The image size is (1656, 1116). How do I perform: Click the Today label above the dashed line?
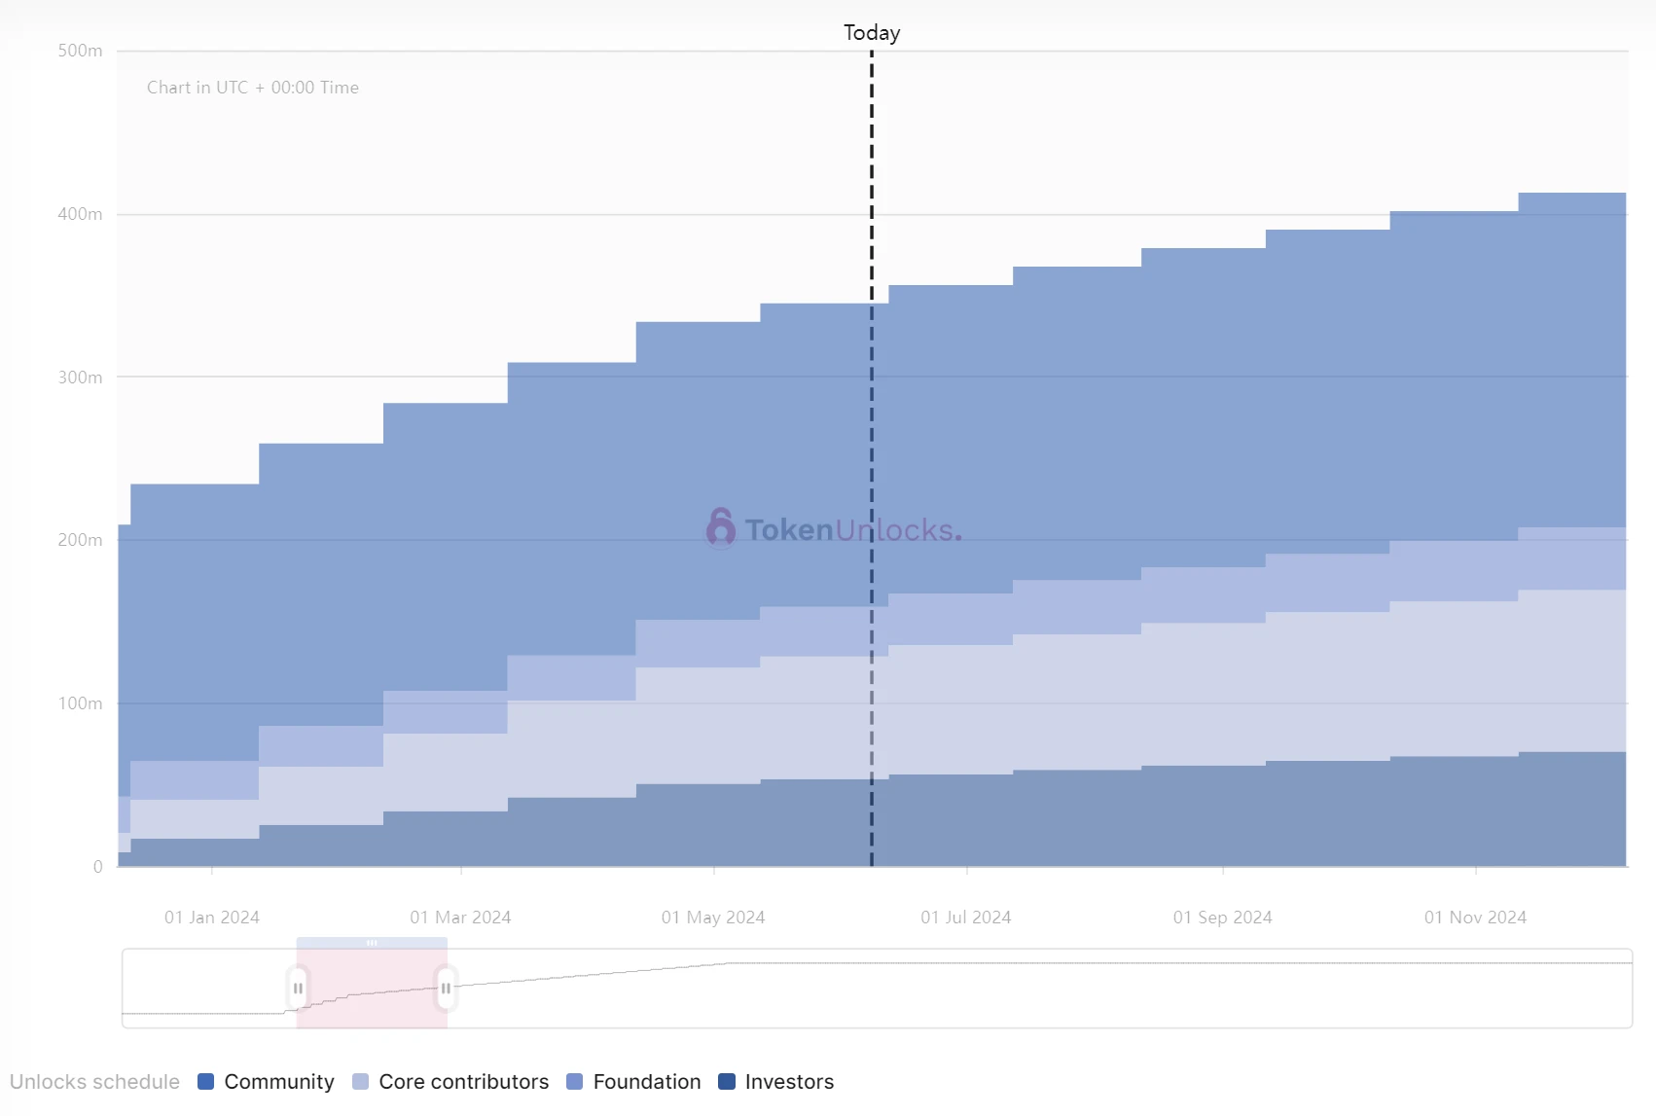click(x=872, y=33)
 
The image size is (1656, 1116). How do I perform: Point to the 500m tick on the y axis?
click(x=80, y=51)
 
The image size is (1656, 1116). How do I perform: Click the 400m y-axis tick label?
click(x=80, y=214)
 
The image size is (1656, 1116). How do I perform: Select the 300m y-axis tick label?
click(x=80, y=378)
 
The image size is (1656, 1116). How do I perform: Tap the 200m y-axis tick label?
click(x=80, y=540)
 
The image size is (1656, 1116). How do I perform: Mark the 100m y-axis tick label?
click(x=80, y=703)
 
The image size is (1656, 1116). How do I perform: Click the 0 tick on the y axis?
click(x=97, y=867)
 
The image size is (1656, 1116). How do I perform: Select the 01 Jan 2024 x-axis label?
click(x=212, y=918)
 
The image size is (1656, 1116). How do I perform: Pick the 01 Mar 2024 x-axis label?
click(x=460, y=918)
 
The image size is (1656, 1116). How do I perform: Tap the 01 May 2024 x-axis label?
click(x=713, y=918)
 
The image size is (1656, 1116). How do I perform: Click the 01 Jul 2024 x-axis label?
click(x=966, y=918)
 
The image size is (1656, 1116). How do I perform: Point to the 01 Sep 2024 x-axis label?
click(x=1222, y=918)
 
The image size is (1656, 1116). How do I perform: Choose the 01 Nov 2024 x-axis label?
click(x=1475, y=918)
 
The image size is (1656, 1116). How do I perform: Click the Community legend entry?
click(x=266, y=1082)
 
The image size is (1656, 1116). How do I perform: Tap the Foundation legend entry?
click(x=633, y=1082)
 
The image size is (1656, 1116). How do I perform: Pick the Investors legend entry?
click(x=775, y=1082)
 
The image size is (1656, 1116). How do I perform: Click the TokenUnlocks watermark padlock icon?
click(x=721, y=528)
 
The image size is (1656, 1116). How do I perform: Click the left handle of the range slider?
click(x=298, y=989)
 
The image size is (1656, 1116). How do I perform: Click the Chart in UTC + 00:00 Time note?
click(x=253, y=88)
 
